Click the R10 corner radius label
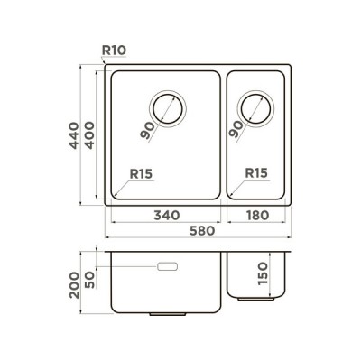[114, 51]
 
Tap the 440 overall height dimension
[74, 135]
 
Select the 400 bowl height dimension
[89, 135]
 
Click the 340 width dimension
[167, 216]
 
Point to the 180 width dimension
[257, 216]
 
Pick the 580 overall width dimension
[202, 231]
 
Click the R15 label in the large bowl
[141, 173]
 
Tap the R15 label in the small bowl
[256, 173]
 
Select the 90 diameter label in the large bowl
[147, 131]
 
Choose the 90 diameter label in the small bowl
[236, 129]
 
